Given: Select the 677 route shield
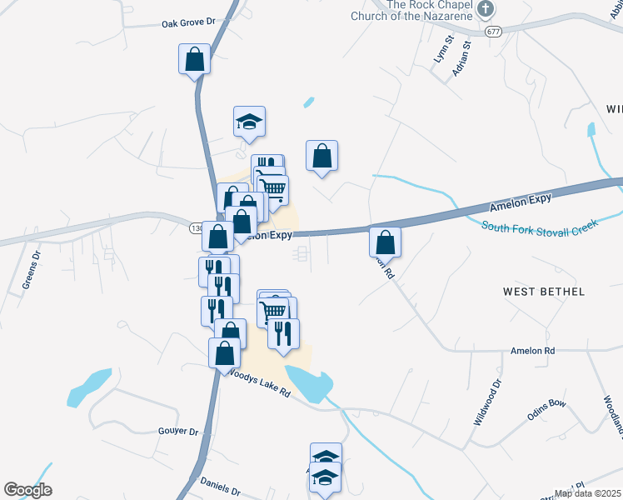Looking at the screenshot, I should [492, 31].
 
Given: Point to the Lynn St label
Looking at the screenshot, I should [441, 50].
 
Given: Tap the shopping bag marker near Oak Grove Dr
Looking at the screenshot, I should [194, 59].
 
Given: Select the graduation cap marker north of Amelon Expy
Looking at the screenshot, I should [249, 122].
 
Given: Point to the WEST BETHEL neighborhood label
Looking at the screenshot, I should [544, 292].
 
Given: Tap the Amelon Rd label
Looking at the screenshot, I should [533, 352].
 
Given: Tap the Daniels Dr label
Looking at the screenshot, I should [220, 487].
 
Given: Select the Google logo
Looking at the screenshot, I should [27, 490].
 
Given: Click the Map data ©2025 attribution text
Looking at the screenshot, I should [586, 493].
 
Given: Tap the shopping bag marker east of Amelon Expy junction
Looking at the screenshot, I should [385, 242].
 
